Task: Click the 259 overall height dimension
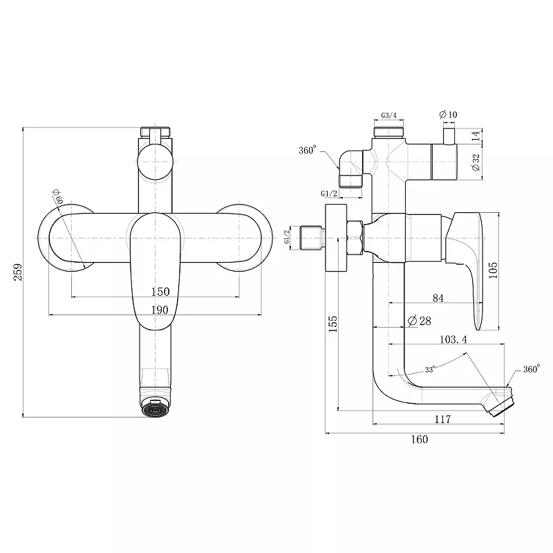pos(18,272)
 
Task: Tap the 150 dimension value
pos(160,292)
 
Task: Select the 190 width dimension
pos(160,310)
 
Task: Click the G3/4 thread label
pos(388,115)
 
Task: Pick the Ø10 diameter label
pos(448,114)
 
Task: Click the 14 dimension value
pos(476,135)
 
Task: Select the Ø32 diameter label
pos(476,162)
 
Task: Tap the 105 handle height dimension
pos(493,270)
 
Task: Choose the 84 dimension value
pos(438,298)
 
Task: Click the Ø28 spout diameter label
pos(420,321)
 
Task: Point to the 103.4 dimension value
pos(453,339)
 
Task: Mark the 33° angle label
pos(430,369)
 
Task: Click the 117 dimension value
pos(442,419)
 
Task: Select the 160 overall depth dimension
pos(419,439)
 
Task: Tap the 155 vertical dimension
pos(332,324)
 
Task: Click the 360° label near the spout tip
pos(531,369)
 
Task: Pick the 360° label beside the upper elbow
pos(306,150)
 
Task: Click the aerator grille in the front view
pos(154,410)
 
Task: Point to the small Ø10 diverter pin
pos(449,136)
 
